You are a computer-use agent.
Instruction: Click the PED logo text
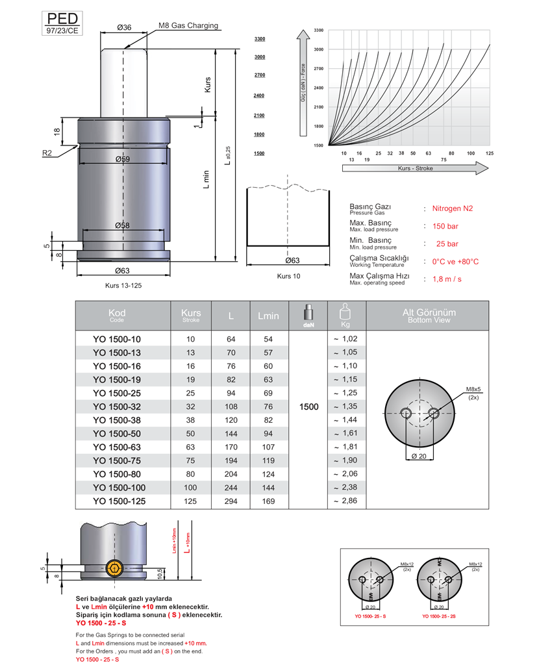point(62,18)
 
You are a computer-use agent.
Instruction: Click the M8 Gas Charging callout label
point(188,26)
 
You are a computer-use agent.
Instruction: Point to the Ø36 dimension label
point(124,27)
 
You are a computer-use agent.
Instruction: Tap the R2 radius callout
point(47,153)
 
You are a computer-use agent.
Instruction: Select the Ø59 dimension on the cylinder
point(122,159)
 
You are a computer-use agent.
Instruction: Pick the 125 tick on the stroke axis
point(490,153)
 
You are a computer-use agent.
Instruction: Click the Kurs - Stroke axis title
point(415,168)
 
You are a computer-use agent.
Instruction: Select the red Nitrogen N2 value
point(453,208)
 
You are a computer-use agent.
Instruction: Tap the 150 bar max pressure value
point(445,226)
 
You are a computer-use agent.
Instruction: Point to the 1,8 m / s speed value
point(447,279)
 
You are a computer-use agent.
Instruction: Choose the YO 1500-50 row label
point(116,434)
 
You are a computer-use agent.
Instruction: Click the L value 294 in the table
point(231,501)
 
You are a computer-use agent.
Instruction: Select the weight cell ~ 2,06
point(345,475)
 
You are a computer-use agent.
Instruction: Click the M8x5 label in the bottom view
point(472,390)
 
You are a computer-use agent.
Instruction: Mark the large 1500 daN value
point(309,407)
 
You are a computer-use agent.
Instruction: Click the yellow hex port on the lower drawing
point(115,570)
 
